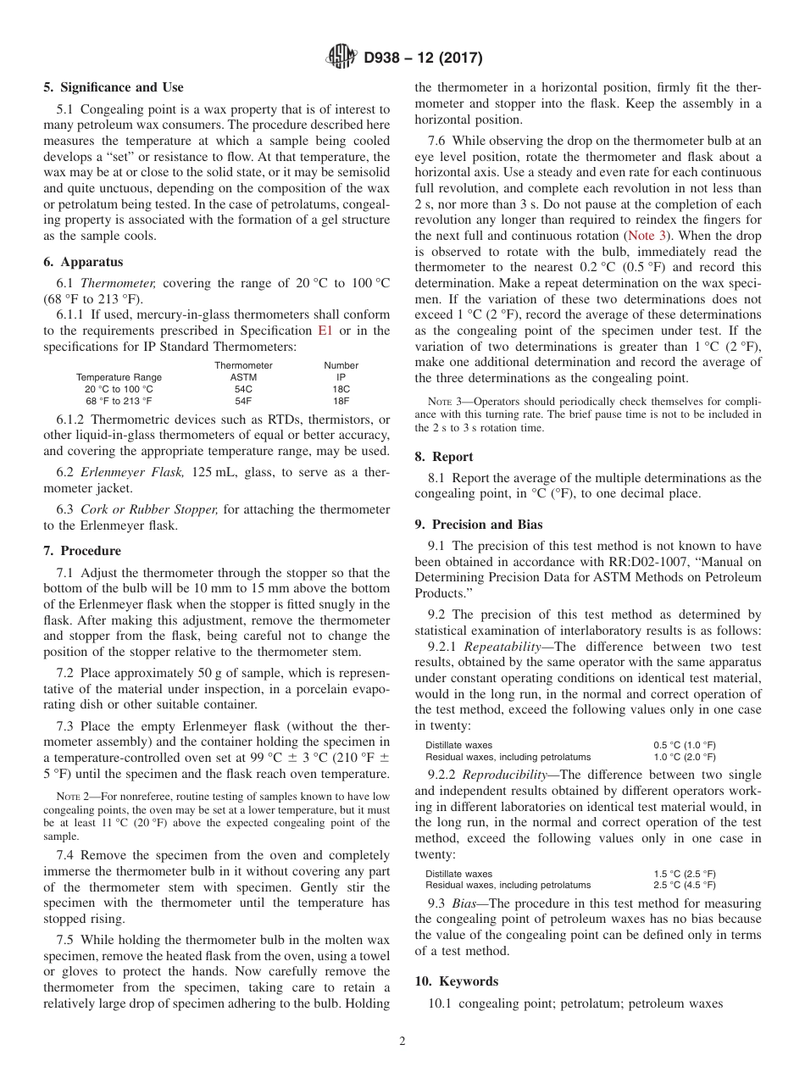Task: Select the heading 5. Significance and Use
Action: pos(114,87)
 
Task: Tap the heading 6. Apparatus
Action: pos(83,262)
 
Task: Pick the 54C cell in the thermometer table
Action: pos(243,388)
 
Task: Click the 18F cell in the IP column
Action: pos(341,400)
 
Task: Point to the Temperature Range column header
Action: pos(119,377)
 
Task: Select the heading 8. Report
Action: pos(444,456)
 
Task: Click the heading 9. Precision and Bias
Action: pos(479,524)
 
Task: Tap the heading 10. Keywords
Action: pos(456,981)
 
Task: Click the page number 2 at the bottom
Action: pos(402,1042)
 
